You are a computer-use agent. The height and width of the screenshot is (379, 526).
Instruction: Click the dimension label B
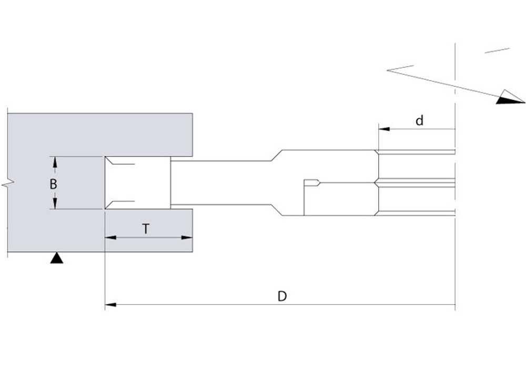tap(53, 184)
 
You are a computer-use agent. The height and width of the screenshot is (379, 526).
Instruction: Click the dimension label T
tap(146, 229)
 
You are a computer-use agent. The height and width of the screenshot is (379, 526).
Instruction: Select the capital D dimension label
tap(282, 296)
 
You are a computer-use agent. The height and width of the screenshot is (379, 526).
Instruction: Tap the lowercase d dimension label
tap(419, 120)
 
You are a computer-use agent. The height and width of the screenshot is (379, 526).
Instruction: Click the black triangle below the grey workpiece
tap(57, 258)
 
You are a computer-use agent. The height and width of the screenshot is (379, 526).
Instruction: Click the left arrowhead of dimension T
tap(110, 238)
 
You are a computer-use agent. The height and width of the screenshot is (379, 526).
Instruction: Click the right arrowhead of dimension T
tap(187, 238)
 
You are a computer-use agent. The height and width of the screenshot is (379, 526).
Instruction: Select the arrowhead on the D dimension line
tap(110, 305)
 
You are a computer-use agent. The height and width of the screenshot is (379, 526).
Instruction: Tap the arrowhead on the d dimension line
tap(384, 129)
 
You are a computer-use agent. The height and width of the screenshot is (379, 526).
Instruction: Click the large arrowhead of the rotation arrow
tap(510, 97)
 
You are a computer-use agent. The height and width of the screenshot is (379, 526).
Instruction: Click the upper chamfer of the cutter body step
tap(277, 155)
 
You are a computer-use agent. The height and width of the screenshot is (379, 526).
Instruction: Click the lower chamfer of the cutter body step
tap(277, 210)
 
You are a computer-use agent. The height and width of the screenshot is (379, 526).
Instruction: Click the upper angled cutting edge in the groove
tap(110, 161)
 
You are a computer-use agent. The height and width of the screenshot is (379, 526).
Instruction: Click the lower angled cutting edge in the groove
tap(110, 205)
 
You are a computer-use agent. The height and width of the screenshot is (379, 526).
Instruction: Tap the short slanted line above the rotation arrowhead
tap(497, 51)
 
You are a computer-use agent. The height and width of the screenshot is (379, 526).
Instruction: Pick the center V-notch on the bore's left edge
tap(377, 183)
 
